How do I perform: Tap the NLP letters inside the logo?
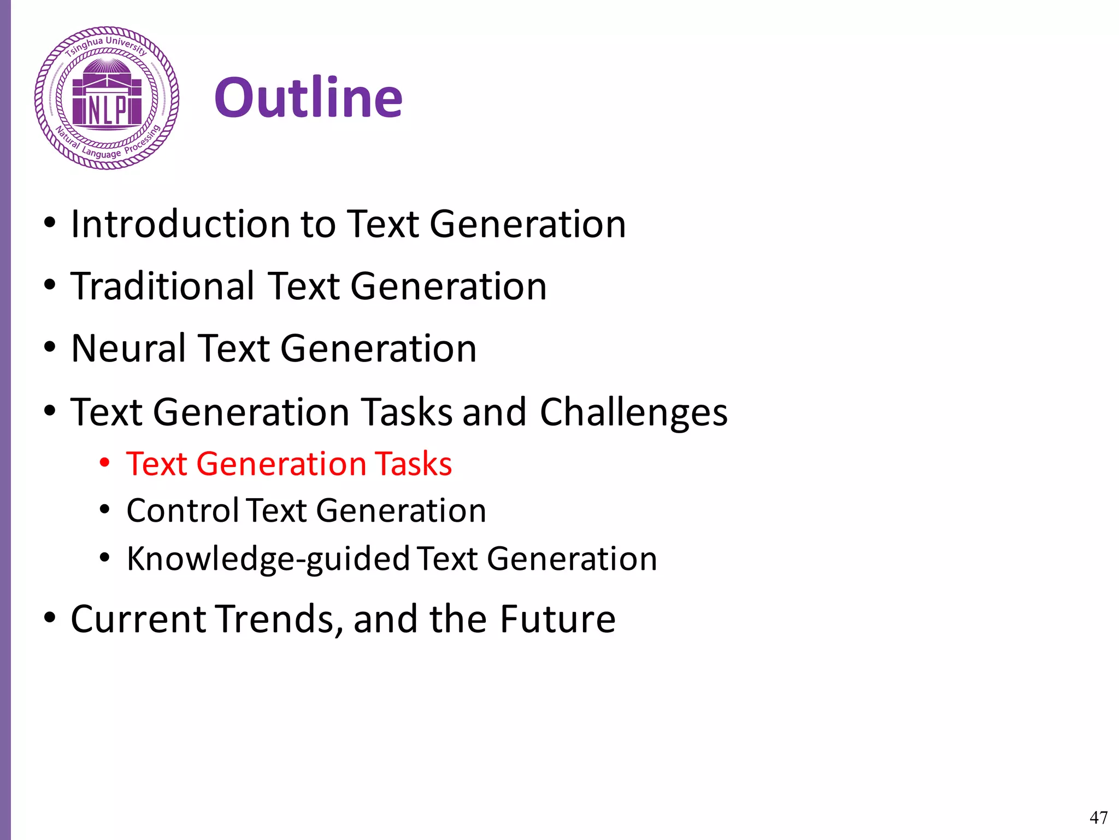(x=107, y=110)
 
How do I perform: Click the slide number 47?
(x=1098, y=817)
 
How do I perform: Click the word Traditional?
(x=163, y=286)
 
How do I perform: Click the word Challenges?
(x=633, y=412)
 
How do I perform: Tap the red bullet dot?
(x=105, y=463)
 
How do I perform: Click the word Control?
(x=182, y=510)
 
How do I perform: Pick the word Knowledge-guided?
(x=268, y=558)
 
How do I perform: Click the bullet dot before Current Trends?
(x=50, y=618)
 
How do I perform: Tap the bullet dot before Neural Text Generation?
(x=50, y=347)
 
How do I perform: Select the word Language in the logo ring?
(x=102, y=154)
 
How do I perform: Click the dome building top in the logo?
(x=107, y=68)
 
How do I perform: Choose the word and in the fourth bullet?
(x=494, y=412)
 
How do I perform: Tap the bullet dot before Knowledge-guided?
(x=105, y=558)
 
